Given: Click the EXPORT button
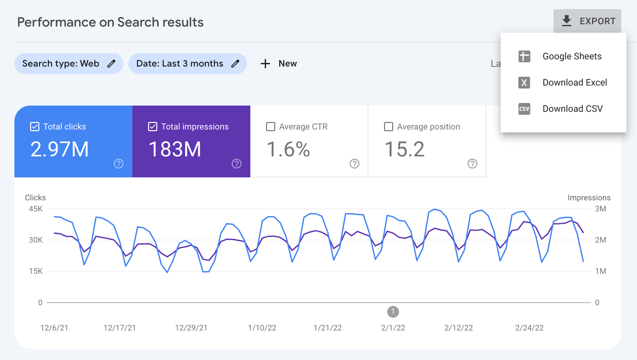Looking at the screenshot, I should [587, 21].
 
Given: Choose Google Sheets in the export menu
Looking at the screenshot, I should [572, 56].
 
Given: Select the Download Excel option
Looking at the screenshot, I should [574, 83].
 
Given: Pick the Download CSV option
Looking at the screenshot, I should [572, 109].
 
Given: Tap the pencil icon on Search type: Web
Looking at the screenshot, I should [111, 64].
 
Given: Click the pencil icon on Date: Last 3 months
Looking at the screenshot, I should [235, 64].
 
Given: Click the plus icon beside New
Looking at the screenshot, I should [265, 64].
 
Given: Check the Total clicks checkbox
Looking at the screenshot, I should [35, 127].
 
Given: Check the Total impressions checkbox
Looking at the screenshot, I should [153, 127].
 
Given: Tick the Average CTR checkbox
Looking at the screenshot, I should [271, 127].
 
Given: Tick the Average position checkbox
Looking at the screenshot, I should [389, 127].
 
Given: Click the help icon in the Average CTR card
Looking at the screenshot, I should [355, 164].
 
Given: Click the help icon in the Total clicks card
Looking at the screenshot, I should [119, 164].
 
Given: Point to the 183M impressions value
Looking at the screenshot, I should [175, 150].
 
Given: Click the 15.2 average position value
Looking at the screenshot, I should [404, 150].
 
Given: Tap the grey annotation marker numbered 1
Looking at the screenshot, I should [393, 312].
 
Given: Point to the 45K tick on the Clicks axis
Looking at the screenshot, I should [36, 209].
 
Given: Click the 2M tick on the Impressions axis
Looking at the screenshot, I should [600, 240].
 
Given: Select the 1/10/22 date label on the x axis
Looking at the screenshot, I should [262, 328].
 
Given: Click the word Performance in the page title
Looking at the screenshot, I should [56, 22].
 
